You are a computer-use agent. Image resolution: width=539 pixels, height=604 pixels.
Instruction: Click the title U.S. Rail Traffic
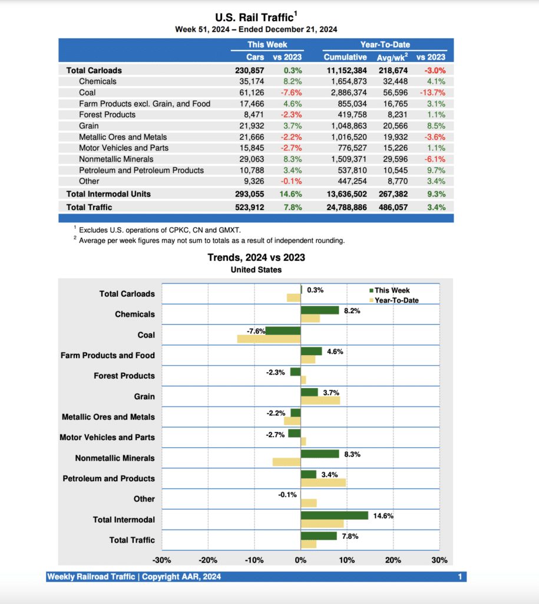(x=254, y=18)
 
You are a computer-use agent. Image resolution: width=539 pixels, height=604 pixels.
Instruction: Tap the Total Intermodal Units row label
(x=108, y=194)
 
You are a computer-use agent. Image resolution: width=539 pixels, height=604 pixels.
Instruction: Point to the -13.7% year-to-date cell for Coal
(x=432, y=93)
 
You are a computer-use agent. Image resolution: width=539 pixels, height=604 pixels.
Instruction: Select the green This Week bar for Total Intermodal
(x=334, y=516)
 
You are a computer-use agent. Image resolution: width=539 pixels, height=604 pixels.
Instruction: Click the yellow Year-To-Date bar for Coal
(x=269, y=339)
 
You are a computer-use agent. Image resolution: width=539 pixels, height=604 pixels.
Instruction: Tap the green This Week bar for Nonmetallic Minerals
(x=320, y=454)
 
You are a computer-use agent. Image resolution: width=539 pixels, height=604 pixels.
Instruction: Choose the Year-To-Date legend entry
(x=396, y=300)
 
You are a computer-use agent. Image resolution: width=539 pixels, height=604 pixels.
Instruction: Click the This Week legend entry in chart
(x=392, y=290)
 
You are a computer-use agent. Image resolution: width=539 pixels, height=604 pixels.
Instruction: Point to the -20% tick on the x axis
(x=208, y=560)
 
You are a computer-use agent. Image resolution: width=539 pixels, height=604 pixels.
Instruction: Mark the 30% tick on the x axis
(x=439, y=560)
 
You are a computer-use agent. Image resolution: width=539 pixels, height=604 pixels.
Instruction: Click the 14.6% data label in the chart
(x=383, y=516)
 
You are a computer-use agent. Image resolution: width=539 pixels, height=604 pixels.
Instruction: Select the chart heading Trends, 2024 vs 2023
(x=256, y=257)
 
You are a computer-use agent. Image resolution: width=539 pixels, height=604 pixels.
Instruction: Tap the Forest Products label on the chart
(x=124, y=376)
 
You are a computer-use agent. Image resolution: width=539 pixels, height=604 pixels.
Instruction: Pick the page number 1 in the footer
(x=459, y=577)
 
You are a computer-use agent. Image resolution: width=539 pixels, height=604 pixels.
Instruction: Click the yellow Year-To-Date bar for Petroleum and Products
(x=323, y=482)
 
